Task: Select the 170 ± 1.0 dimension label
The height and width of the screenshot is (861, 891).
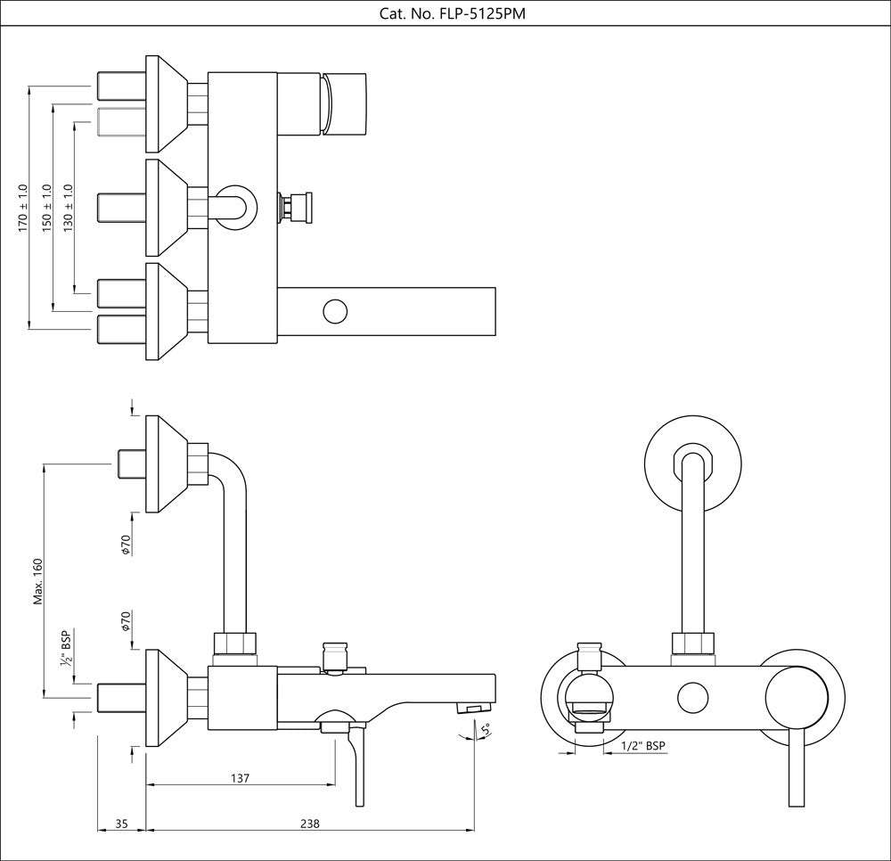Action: tap(24, 209)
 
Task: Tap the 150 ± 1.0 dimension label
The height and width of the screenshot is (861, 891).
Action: tap(46, 209)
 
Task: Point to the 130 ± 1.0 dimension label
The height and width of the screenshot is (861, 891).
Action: tap(69, 209)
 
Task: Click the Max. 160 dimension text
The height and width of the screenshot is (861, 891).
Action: tap(38, 581)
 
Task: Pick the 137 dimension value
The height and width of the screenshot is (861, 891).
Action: tap(240, 778)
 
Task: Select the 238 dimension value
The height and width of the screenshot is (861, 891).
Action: tap(309, 824)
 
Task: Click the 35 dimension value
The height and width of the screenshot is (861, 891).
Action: tap(121, 824)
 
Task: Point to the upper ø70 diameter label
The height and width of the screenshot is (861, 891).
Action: tap(127, 544)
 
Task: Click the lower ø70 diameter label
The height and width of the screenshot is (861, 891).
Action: tap(127, 621)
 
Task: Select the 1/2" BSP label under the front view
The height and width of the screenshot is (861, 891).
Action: tap(642, 745)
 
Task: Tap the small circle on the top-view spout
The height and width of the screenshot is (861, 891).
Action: tap(334, 311)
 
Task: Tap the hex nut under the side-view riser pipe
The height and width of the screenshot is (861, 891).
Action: tap(236, 644)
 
